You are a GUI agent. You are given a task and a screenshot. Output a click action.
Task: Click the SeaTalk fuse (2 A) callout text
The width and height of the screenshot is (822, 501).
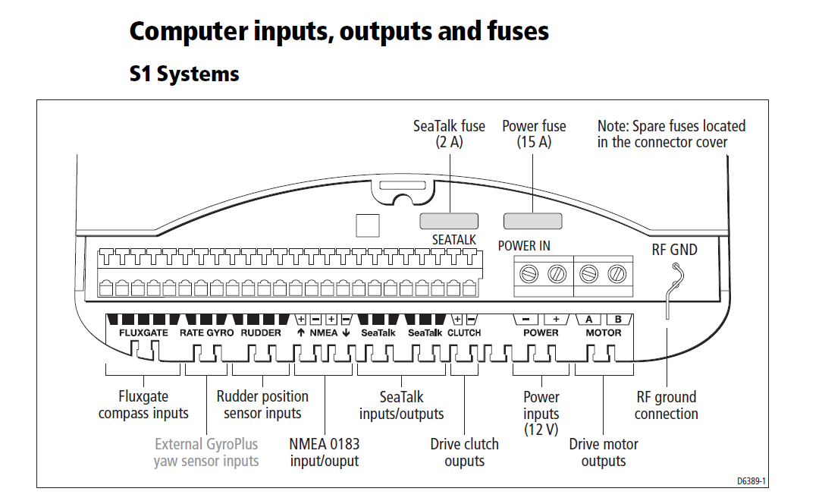point(450,134)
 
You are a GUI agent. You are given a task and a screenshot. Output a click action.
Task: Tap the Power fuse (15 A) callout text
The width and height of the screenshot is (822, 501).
point(534,134)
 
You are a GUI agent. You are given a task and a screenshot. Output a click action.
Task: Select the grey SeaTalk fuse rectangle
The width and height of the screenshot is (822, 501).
point(449,221)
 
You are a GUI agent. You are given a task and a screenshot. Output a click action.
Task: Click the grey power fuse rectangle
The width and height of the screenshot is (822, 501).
point(533,221)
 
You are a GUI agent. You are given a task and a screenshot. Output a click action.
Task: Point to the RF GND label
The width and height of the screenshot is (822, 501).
point(674,249)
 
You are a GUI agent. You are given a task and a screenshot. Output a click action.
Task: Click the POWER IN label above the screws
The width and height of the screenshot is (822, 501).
point(524,246)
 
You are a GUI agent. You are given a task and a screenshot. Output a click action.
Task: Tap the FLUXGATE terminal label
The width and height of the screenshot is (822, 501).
point(143,333)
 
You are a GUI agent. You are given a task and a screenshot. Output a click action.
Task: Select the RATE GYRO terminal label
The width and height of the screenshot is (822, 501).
point(206,333)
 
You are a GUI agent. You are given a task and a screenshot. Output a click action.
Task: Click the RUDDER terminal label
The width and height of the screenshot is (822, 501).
point(261,333)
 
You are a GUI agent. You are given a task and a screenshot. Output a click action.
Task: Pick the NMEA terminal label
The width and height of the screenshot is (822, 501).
point(324,333)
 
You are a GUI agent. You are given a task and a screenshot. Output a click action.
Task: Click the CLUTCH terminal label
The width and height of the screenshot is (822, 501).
point(464,333)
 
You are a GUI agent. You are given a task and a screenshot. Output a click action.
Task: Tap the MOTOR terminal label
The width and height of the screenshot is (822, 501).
point(604,333)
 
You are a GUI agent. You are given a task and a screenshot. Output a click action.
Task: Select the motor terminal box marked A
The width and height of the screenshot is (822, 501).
point(589,320)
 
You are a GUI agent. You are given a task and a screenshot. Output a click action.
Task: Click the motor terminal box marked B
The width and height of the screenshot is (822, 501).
point(618,320)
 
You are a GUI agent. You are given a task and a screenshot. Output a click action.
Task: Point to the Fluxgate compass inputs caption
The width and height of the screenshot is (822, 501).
point(143,405)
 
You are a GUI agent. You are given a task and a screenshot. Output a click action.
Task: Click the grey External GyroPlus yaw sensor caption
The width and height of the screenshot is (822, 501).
point(206,452)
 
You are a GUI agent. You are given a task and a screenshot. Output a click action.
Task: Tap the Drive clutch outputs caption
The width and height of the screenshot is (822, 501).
point(464,452)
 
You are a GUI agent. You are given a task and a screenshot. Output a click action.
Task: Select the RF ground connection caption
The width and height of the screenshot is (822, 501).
point(666,405)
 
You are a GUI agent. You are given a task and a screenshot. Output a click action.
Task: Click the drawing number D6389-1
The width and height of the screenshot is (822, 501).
point(752,481)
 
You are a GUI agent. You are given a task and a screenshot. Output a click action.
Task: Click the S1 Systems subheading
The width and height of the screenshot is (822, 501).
point(184,74)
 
